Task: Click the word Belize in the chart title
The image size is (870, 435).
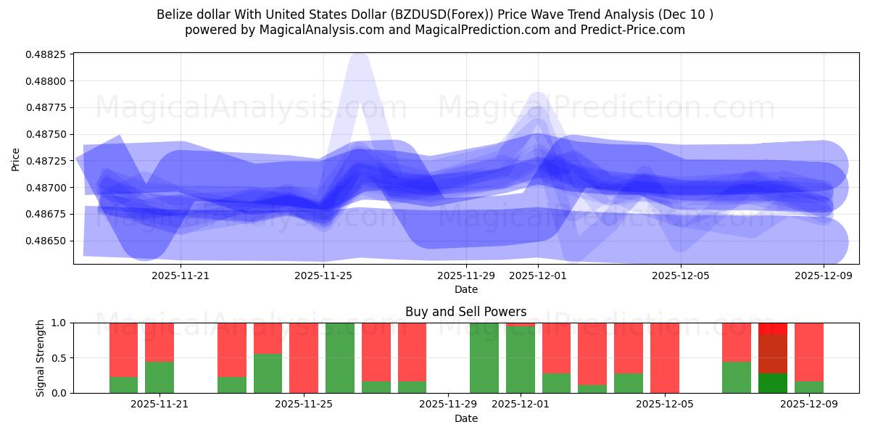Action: point(174,14)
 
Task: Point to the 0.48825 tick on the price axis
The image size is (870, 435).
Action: point(46,54)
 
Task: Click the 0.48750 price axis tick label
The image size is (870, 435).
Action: point(46,134)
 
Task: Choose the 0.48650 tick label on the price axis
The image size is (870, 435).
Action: point(46,241)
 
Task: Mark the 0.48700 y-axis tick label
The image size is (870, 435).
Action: point(46,188)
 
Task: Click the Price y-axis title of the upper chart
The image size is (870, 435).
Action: point(15,158)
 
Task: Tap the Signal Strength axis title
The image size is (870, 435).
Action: point(41,357)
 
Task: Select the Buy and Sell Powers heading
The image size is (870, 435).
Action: point(465,312)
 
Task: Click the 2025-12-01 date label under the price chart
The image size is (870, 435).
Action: point(538,275)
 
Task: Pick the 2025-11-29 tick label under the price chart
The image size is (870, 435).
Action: point(466,275)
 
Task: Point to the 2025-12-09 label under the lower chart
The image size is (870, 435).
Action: point(808,405)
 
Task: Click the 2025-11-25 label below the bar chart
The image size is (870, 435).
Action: point(304,405)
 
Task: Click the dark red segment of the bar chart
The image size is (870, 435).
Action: point(773,354)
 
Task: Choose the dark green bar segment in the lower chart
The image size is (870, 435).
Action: point(773,383)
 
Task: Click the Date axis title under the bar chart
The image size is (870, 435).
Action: point(465,418)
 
